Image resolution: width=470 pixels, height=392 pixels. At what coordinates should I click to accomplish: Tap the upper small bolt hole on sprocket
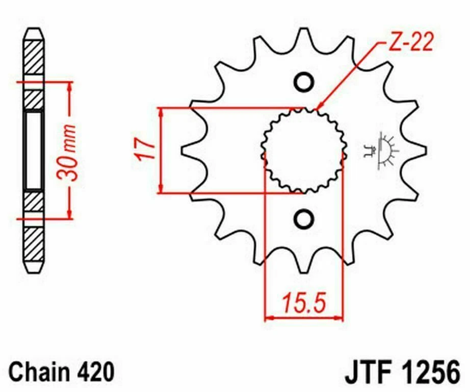click(x=304, y=82)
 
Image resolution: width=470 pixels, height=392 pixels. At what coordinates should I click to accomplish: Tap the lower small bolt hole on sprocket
click(x=304, y=219)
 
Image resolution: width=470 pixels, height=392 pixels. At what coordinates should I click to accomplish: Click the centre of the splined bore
click(x=304, y=151)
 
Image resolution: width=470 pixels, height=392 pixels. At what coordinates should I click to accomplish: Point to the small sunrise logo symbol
click(x=386, y=151)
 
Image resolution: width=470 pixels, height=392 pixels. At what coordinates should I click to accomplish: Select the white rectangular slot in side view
click(x=34, y=151)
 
